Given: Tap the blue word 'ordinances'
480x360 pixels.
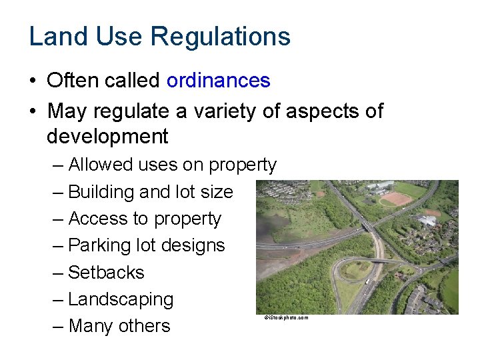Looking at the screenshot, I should [x=218, y=81].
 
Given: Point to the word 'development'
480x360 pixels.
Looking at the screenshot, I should [x=107, y=137].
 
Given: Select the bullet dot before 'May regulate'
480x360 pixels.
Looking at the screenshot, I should [x=33, y=111].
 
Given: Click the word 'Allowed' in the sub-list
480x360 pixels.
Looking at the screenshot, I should [x=100, y=165].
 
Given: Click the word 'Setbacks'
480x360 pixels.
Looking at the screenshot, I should [x=106, y=273].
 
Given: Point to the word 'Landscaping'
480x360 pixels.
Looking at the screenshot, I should [x=121, y=299].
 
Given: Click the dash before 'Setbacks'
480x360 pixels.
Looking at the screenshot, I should [x=58, y=273].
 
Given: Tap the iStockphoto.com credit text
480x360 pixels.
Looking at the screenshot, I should [x=286, y=318].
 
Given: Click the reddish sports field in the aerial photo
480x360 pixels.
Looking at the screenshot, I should [x=396, y=199].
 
